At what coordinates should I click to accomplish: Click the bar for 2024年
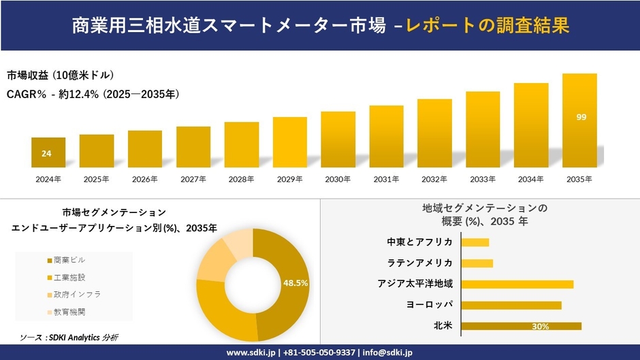pos(48,152)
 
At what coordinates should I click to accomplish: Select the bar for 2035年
pos(579,120)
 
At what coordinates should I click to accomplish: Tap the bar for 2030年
pos(338,140)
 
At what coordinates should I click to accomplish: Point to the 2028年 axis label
pos(241,179)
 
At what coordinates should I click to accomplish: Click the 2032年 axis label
pos(434,179)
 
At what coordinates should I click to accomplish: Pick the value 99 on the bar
pos(581,117)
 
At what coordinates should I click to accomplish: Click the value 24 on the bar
pos(46,154)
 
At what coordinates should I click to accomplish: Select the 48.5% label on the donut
pos(295,282)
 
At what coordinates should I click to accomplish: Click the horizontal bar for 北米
pos(521,326)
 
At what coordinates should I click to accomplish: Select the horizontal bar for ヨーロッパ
pos(511,305)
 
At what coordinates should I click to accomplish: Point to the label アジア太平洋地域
pos(415,284)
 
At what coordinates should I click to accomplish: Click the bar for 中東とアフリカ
pos(475,242)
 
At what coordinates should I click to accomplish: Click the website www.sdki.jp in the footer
pos(249,353)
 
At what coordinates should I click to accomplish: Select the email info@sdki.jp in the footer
pos(387,353)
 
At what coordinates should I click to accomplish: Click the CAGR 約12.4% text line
pos(93,94)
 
